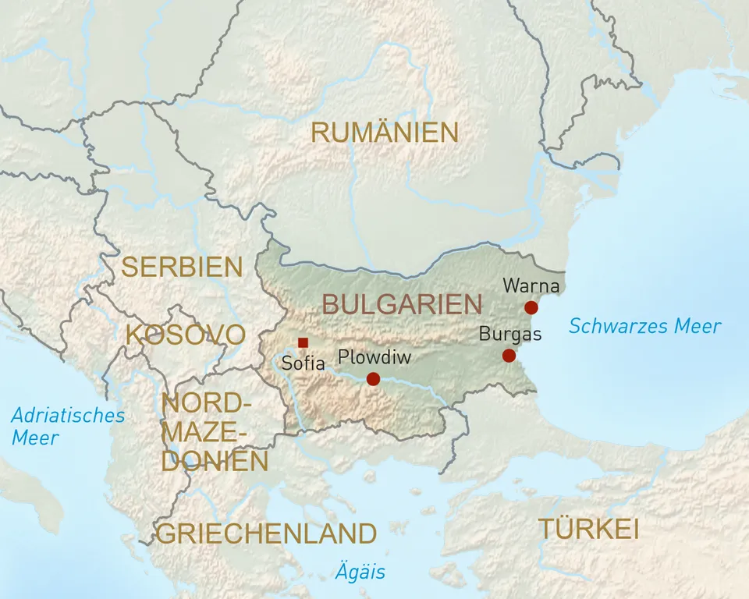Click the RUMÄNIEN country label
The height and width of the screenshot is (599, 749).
tap(384, 133)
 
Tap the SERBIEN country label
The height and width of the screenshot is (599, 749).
tap(182, 268)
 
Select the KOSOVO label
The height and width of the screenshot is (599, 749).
tap(185, 335)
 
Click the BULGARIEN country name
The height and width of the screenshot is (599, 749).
tap(402, 304)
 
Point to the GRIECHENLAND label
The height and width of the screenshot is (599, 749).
tap(266, 534)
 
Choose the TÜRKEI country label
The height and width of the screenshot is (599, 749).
tap(588, 530)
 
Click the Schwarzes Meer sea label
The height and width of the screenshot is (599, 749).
tap(644, 326)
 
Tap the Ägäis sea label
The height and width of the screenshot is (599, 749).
tap(360, 572)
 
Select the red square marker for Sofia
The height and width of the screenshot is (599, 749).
tap(303, 342)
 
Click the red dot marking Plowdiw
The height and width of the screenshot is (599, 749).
tap(373, 379)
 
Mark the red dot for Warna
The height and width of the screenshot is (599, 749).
tap(531, 307)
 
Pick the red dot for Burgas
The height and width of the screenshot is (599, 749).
tap(509, 356)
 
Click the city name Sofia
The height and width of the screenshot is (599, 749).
tap(303, 363)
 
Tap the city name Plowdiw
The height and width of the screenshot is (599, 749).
tap(374, 357)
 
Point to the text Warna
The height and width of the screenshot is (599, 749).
tap(531, 285)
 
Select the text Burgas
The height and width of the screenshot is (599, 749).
tap(509, 335)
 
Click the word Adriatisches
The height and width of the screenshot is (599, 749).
tap(68, 415)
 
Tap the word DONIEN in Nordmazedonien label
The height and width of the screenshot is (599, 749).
tap(215, 461)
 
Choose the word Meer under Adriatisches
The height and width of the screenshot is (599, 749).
tap(34, 438)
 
